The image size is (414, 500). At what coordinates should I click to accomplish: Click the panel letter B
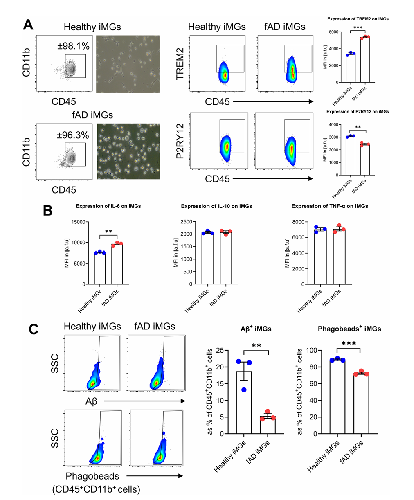point(48,211)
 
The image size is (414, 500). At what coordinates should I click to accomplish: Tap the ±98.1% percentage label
point(74,46)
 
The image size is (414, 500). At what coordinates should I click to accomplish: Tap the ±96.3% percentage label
point(72,135)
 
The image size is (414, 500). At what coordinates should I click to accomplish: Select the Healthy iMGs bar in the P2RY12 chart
point(350,155)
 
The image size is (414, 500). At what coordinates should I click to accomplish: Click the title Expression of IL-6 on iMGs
point(108,206)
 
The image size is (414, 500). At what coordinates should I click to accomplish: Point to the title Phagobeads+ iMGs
point(349,329)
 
